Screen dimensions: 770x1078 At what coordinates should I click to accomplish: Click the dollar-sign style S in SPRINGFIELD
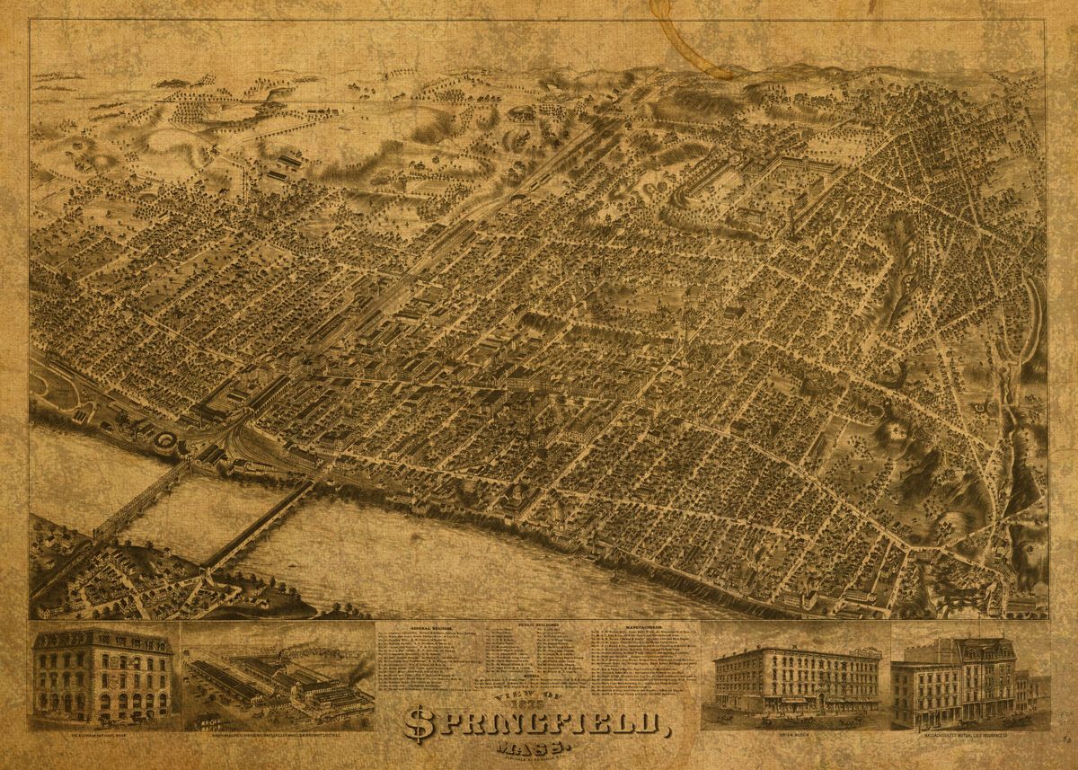(419, 723)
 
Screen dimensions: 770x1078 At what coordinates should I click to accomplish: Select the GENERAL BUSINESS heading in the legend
(431, 628)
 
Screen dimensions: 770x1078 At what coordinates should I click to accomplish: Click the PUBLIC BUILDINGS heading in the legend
(538, 624)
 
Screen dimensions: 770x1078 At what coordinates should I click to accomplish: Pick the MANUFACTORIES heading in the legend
(644, 626)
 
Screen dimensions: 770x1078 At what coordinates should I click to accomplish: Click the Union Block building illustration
(796, 683)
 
